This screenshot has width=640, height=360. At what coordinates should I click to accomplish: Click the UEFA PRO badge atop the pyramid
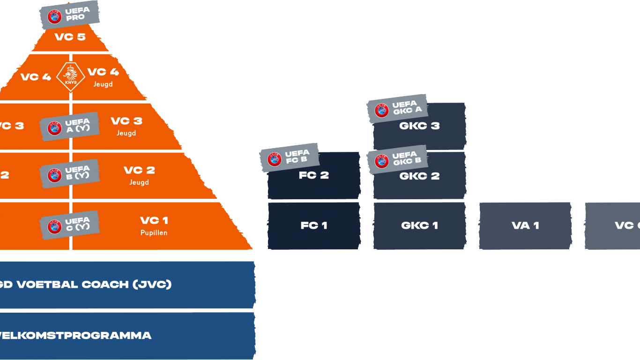[69, 15]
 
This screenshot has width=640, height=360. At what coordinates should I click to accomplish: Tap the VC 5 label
[70, 37]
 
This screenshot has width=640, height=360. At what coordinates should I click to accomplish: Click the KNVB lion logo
[71, 76]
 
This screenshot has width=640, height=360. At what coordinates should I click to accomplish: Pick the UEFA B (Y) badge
[70, 173]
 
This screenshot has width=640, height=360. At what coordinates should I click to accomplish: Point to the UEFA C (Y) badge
[70, 225]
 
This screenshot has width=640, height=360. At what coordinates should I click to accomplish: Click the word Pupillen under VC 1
[154, 232]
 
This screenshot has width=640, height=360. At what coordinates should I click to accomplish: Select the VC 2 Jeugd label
[139, 175]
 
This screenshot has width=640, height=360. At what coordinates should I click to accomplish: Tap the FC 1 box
[314, 225]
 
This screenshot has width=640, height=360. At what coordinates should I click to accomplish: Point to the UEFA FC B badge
[290, 157]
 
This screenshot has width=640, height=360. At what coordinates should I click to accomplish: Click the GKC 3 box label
[419, 126]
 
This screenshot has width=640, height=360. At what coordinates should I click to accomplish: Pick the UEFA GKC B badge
[397, 159]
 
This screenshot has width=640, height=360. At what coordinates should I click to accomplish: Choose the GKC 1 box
[419, 225]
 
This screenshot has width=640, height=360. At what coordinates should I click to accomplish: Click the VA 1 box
[525, 225]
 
